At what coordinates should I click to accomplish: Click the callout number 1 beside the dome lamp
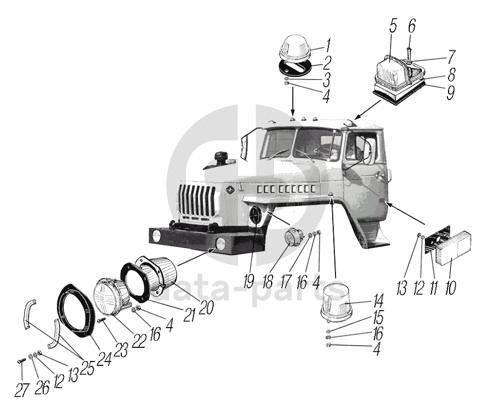click(x=328, y=44)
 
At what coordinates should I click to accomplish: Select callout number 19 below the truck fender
click(x=249, y=282)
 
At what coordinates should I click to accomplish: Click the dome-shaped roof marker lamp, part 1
click(x=295, y=49)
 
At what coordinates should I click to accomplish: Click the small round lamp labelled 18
click(x=296, y=239)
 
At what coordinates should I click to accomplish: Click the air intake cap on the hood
click(x=222, y=158)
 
